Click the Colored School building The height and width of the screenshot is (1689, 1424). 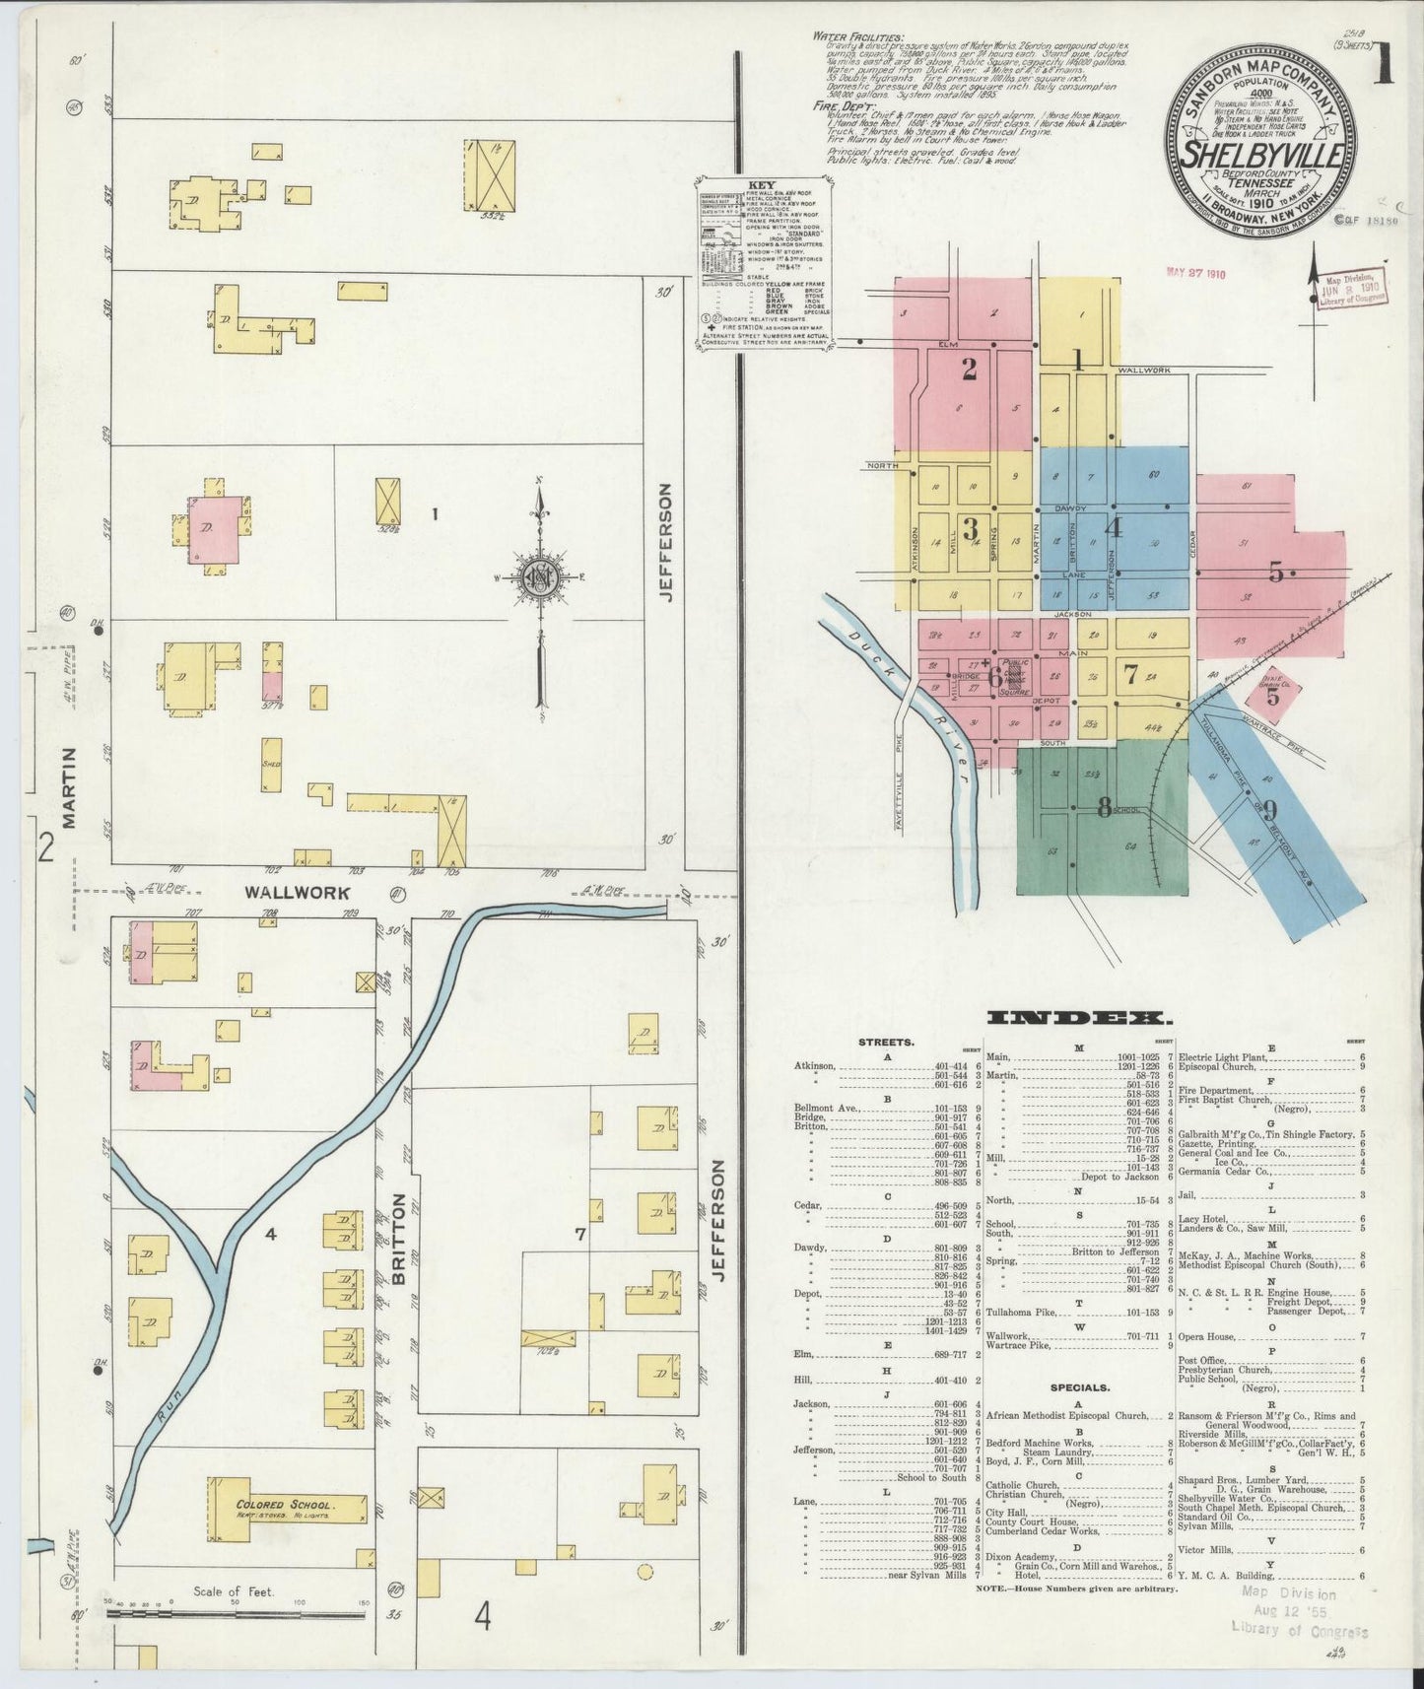(286, 1506)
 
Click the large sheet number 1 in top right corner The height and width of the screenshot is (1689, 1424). (1385, 69)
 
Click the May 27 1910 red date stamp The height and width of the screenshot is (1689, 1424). (1194, 273)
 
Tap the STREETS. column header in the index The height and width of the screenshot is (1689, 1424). (886, 1040)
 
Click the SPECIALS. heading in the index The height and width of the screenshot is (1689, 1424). (1078, 1386)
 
